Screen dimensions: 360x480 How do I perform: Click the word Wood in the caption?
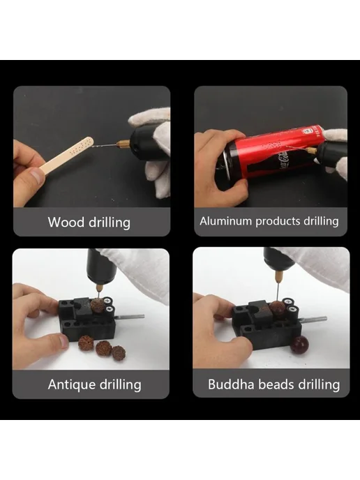coord(66,222)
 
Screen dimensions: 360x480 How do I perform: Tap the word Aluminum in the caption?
coord(226,220)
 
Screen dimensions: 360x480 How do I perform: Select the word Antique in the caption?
coord(72,384)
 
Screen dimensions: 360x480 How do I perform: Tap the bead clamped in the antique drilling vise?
coord(98,306)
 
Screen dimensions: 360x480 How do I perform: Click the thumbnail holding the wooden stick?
coord(37,177)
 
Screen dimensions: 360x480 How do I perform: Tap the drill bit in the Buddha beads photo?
coord(277,292)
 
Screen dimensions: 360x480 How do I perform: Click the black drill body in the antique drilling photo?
coord(101,266)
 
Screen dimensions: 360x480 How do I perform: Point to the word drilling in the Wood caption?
coord(110,223)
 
